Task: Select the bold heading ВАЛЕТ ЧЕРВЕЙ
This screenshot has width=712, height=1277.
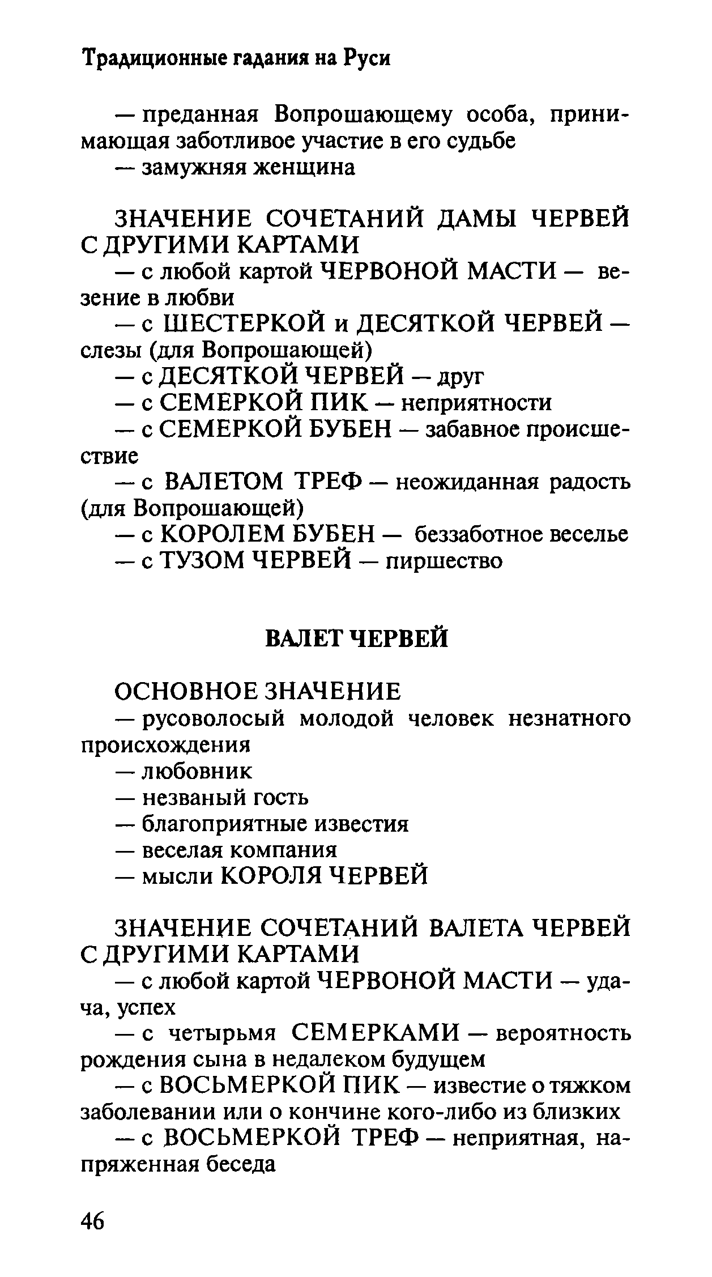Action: [356, 638]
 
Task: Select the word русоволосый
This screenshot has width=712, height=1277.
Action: [212, 719]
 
